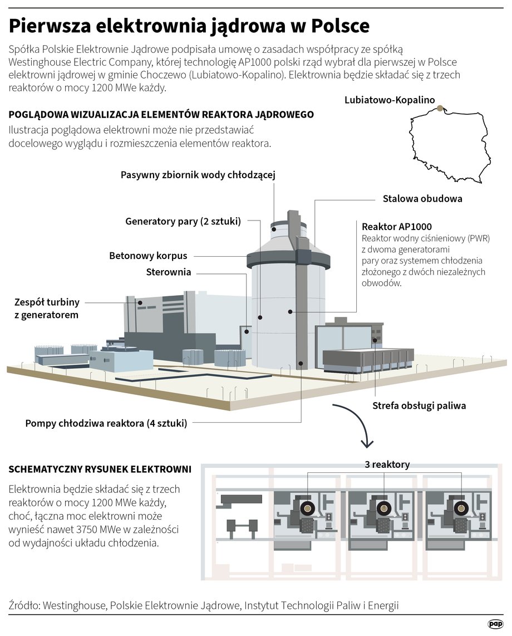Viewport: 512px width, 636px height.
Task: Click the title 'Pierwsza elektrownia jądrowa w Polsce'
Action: click(189, 26)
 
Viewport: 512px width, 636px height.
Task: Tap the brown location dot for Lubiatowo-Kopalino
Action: click(440, 108)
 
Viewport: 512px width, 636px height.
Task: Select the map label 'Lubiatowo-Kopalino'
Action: click(390, 100)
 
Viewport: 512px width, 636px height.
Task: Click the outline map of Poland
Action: click(450, 144)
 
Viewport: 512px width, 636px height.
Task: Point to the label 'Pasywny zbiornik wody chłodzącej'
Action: click(198, 175)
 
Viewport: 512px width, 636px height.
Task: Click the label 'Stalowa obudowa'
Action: click(422, 198)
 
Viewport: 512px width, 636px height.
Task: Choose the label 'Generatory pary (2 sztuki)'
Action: click(183, 222)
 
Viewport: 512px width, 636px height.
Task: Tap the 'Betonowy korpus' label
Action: click(148, 256)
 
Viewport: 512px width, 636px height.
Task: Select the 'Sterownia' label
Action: click(168, 272)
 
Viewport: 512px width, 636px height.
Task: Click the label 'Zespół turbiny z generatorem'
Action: click(47, 309)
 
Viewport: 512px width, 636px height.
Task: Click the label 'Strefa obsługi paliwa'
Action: click(419, 405)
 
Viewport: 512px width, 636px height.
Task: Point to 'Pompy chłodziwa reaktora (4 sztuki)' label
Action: click(106, 423)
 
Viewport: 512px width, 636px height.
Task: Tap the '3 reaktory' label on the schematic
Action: click(387, 464)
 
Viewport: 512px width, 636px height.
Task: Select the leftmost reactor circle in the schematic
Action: click(307, 508)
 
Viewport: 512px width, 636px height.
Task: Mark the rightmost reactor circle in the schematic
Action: click(461, 508)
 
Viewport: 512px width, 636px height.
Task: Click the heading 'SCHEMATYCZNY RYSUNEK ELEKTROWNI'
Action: click(100, 469)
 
